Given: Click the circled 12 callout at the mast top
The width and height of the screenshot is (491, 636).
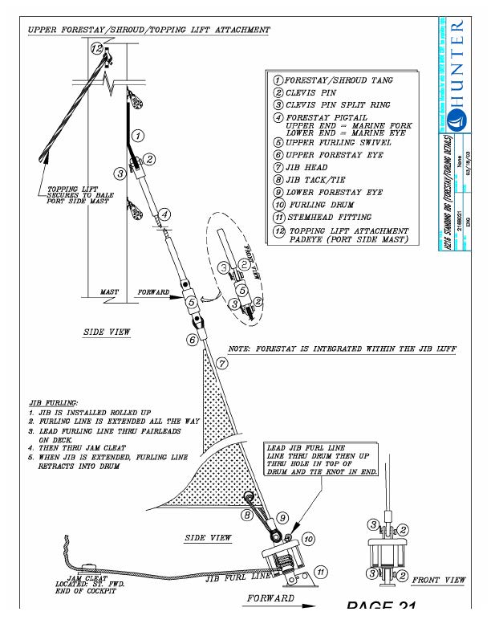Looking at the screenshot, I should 97,49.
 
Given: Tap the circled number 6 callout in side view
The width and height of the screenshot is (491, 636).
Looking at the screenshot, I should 193,340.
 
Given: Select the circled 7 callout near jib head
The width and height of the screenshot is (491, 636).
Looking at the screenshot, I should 221,363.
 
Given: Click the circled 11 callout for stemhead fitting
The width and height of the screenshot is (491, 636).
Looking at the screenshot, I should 321,572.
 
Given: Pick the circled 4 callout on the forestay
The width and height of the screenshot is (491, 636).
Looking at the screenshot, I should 164,214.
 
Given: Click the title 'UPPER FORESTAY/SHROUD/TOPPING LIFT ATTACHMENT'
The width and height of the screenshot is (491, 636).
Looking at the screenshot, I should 149,30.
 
